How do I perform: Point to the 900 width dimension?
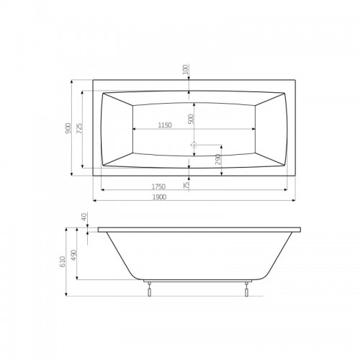click(x=68, y=127)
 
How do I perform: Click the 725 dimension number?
click(x=78, y=127)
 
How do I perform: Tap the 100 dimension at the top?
click(x=186, y=70)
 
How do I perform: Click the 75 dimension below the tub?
click(x=186, y=185)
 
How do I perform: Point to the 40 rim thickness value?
click(x=84, y=217)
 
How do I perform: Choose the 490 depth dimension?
click(x=73, y=256)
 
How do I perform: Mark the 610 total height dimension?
click(x=63, y=261)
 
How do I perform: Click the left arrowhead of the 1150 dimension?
click(x=134, y=130)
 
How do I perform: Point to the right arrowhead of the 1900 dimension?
click(x=295, y=200)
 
